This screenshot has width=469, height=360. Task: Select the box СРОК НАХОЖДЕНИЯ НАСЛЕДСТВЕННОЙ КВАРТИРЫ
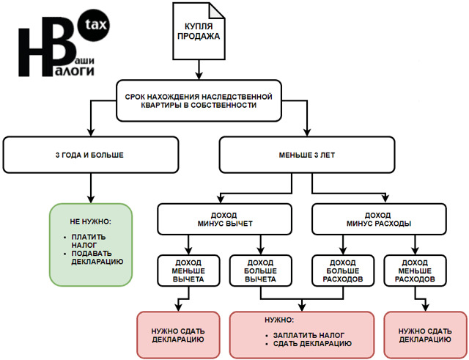[198, 100]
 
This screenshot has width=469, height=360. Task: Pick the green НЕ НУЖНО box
[90, 243]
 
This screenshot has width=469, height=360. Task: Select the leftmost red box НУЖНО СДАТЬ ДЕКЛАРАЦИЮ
[178, 334]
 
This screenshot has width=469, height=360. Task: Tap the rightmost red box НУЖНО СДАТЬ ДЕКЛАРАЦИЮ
[425, 334]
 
